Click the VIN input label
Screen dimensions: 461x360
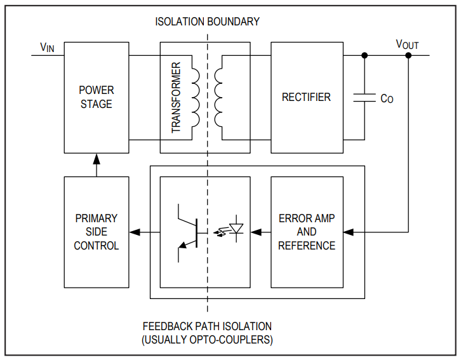(x=47, y=48)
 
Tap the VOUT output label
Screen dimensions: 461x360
(x=407, y=44)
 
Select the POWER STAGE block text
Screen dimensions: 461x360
(x=97, y=97)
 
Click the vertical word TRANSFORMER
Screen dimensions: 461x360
(x=176, y=97)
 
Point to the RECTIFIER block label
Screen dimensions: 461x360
(x=306, y=97)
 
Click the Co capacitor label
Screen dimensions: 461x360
(x=387, y=99)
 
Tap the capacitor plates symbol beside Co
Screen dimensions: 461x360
(x=364, y=98)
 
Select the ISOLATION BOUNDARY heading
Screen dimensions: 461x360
(x=207, y=22)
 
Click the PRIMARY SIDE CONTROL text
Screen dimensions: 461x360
(x=97, y=232)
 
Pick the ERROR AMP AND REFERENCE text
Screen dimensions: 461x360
(x=307, y=232)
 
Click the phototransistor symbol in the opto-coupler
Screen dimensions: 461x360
(x=188, y=233)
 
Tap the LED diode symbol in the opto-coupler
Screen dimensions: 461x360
(x=236, y=229)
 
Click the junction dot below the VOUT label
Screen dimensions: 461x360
(x=408, y=55)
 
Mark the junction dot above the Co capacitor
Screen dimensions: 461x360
(x=364, y=55)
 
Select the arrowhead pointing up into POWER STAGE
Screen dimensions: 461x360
(x=97, y=159)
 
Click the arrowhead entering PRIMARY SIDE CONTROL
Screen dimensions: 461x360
(x=135, y=232)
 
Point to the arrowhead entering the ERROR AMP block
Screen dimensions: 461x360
(x=349, y=232)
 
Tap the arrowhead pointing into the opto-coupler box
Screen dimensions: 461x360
(x=256, y=232)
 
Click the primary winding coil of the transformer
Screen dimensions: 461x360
(x=196, y=98)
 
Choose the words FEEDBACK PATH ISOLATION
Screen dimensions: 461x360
(x=207, y=326)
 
